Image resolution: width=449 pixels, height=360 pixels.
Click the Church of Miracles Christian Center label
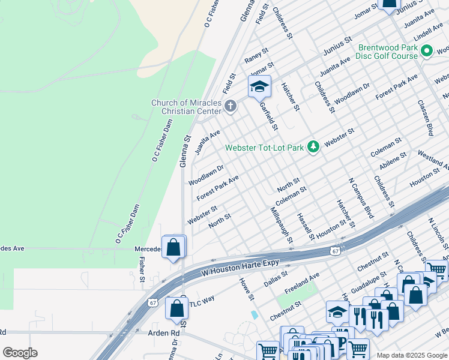(x=185, y=107)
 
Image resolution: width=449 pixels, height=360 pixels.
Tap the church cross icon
(x=231, y=107)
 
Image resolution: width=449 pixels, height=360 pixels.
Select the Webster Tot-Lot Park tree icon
(x=313, y=147)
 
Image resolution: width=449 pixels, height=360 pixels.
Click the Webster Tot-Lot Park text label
(x=264, y=148)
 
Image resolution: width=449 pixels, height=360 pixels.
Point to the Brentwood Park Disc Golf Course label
(x=387, y=52)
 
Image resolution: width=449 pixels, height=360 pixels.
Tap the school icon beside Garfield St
(x=259, y=88)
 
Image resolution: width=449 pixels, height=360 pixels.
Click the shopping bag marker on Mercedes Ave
(x=173, y=247)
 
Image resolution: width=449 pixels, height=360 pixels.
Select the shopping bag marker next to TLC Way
(x=176, y=309)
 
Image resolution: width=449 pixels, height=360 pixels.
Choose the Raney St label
(x=256, y=56)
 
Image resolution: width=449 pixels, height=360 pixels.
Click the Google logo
(x=20, y=353)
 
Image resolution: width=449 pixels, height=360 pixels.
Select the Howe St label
(x=247, y=289)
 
